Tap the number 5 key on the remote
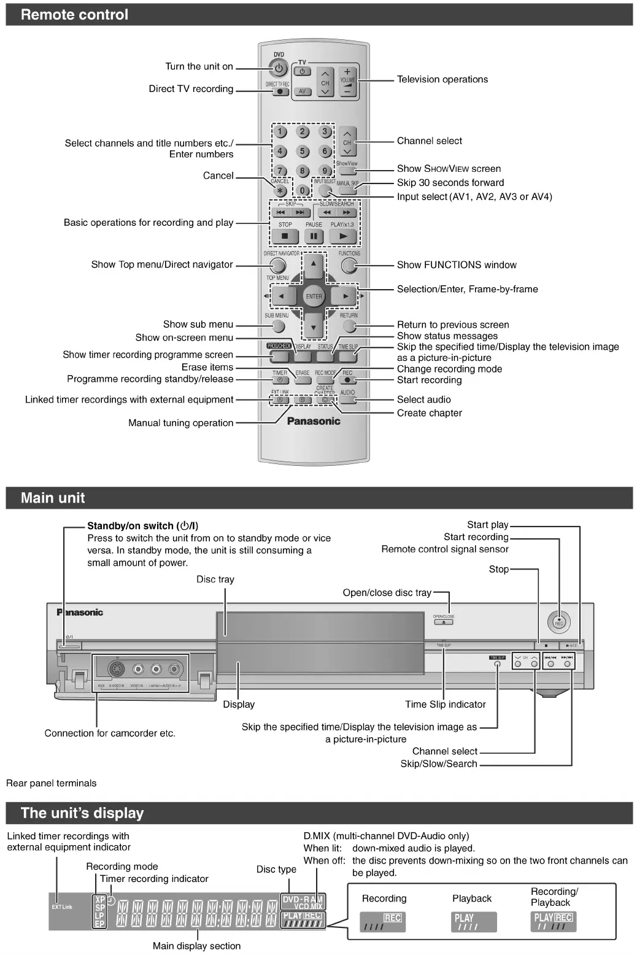click(302, 151)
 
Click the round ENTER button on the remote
click(314, 296)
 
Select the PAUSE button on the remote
click(314, 236)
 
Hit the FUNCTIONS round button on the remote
click(349, 265)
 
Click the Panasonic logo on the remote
click(314, 421)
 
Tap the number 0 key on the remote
click(302, 190)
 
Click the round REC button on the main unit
click(558, 622)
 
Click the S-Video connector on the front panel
click(116, 670)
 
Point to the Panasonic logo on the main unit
click(80, 612)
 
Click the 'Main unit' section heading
click(53, 498)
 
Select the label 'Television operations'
click(442, 79)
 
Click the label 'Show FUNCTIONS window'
click(457, 265)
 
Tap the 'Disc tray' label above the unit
click(215, 579)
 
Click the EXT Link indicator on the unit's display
click(62, 907)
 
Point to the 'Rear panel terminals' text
click(52, 783)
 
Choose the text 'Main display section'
click(196, 946)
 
